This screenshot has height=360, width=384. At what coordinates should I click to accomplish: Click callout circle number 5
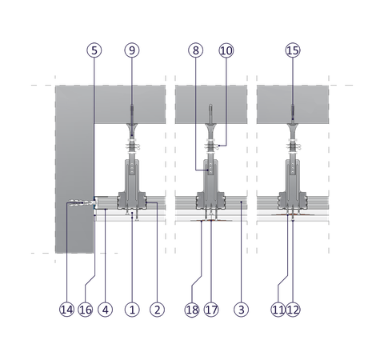(x=94, y=50)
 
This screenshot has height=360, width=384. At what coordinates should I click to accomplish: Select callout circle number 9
(x=132, y=50)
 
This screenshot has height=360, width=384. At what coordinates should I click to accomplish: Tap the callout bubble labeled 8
(x=196, y=50)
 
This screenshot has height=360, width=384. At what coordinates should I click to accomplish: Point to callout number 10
(x=226, y=50)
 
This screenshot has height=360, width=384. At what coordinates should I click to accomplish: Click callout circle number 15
(x=293, y=50)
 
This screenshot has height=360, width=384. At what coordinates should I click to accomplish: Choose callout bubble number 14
(x=66, y=310)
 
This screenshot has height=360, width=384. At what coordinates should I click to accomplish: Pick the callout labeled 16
(x=86, y=310)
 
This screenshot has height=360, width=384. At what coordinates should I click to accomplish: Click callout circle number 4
(x=106, y=310)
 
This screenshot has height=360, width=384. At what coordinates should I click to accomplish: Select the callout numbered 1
(x=132, y=310)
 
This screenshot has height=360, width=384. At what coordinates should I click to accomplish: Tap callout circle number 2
(x=157, y=310)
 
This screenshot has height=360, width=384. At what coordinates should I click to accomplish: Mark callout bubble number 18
(x=192, y=310)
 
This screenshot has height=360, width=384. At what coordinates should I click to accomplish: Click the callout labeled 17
(x=211, y=310)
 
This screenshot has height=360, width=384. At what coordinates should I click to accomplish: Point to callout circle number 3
(x=241, y=310)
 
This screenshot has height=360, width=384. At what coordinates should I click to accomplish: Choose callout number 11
(x=278, y=310)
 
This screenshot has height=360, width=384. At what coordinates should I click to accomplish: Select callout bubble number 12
(x=293, y=310)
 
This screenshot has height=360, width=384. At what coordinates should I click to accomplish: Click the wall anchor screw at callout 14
(x=82, y=203)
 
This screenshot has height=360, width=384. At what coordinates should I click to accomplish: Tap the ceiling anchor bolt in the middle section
(x=210, y=114)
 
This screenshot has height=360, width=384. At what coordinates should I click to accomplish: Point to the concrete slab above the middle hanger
(x=211, y=104)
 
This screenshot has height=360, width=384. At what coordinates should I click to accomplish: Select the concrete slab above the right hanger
(x=293, y=104)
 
